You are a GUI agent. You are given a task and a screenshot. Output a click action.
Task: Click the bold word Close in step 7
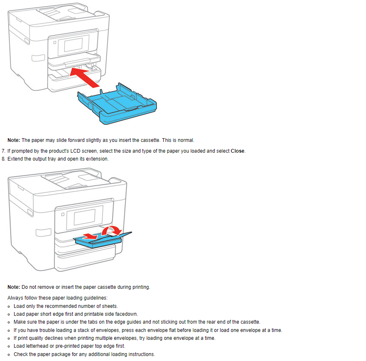tap(238, 151)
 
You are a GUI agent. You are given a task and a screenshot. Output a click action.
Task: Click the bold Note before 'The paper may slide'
tap(14, 140)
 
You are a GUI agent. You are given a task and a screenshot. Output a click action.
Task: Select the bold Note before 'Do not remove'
tap(14, 287)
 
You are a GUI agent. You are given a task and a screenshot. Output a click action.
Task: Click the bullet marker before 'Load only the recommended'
tap(9, 306)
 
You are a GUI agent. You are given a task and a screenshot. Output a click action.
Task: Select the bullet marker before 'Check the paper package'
tap(9, 354)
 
